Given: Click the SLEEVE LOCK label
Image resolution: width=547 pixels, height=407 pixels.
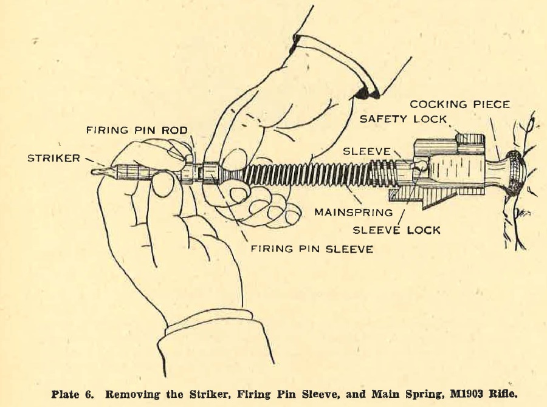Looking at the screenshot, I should click(x=397, y=230).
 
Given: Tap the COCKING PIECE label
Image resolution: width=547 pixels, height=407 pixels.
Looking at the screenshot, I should click(x=459, y=104).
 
